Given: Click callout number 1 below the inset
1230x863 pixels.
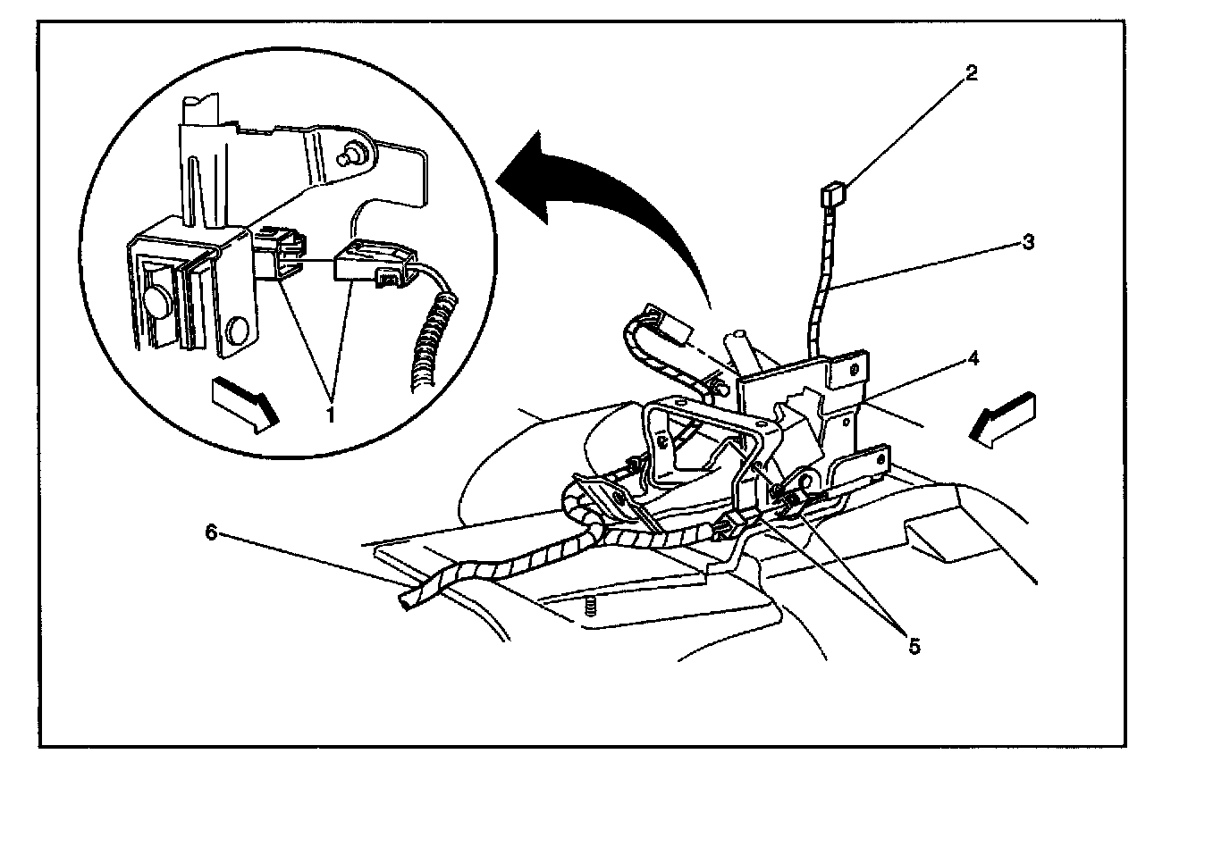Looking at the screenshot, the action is pos(330,415).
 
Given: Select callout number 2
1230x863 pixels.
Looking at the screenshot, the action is pos(972,73).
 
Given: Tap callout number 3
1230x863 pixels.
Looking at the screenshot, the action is pos(1029,242).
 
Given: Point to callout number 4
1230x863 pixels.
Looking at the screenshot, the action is pos(973,359).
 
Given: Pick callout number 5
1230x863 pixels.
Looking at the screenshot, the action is pos(914,646).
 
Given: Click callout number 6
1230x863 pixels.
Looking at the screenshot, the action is pos(212,532).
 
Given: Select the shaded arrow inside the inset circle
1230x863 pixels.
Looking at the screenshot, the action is pos(244,401).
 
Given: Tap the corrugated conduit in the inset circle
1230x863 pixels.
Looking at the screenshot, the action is pos(434,339).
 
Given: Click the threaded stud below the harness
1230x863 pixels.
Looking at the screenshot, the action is pos(590,608).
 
